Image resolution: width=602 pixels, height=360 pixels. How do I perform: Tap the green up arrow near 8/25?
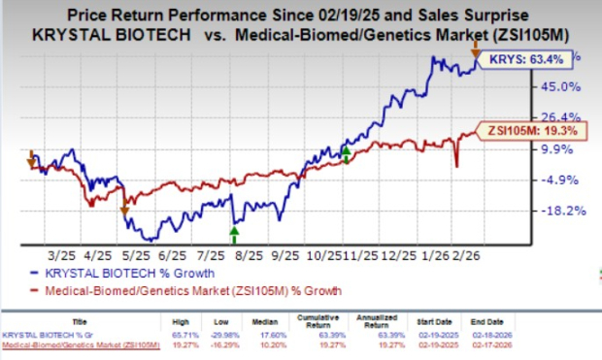[233, 231]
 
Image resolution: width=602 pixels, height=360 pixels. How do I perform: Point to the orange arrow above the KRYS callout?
[475, 47]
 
